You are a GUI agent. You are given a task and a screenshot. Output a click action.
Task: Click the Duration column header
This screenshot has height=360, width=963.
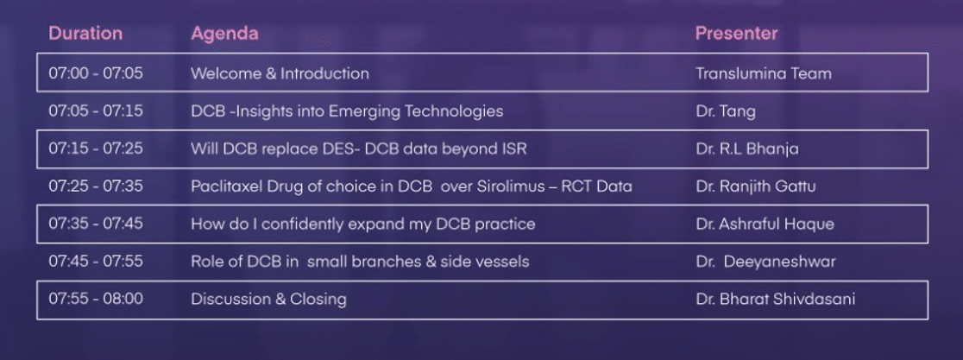85,33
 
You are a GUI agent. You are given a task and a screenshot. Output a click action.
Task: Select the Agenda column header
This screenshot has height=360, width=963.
224,34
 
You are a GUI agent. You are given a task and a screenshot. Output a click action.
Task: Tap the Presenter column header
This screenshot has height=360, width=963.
736,33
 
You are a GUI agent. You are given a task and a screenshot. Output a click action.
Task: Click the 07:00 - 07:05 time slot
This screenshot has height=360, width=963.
96,73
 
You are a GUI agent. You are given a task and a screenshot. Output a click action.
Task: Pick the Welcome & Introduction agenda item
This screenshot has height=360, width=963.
280,73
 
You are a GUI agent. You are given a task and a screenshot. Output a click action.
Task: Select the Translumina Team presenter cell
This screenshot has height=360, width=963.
764,73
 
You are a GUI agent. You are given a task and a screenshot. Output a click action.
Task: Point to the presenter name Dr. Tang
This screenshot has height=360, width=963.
726,111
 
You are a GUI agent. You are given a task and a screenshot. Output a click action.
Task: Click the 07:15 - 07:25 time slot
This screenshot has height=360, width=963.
96,148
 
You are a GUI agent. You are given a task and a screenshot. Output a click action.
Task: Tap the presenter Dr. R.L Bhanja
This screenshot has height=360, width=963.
747,149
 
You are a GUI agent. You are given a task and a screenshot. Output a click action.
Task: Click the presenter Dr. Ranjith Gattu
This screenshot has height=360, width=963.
756,186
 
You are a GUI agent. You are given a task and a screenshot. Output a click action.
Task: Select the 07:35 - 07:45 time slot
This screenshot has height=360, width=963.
96,224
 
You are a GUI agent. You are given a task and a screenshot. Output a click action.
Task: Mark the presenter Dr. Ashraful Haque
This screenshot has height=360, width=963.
765,224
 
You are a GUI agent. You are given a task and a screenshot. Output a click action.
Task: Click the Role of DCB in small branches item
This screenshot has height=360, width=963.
360,262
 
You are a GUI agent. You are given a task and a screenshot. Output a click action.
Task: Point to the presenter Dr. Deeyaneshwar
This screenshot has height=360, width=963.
766,262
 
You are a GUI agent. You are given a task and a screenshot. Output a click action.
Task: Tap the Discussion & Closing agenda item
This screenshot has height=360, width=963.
268,300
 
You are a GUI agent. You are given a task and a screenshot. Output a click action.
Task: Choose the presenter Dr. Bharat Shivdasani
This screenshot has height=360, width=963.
776,300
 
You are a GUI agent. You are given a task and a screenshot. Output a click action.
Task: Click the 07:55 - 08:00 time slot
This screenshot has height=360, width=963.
96,300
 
